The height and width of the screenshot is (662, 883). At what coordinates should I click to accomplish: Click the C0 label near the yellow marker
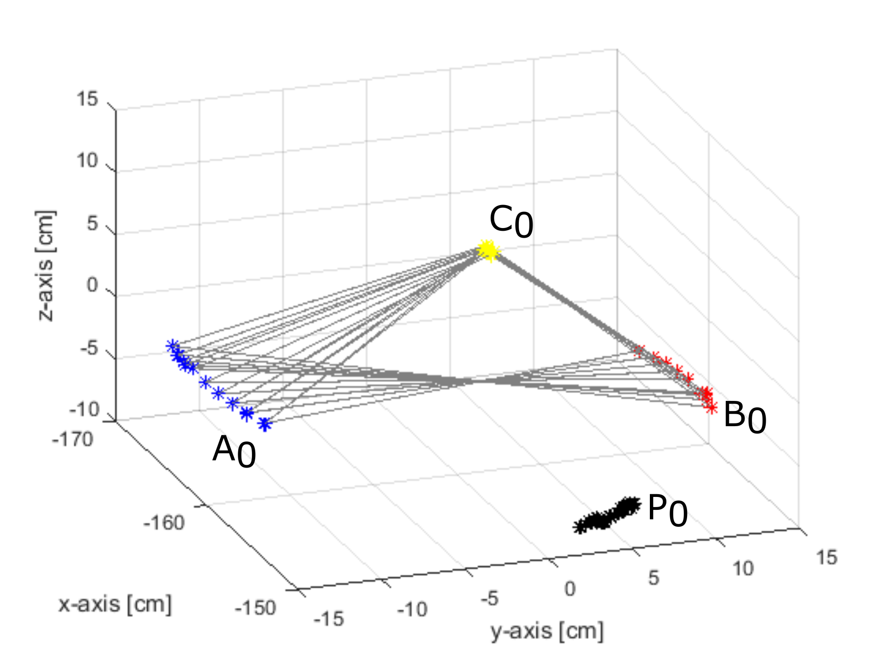(510, 222)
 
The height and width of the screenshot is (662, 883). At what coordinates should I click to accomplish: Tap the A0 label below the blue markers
(234, 451)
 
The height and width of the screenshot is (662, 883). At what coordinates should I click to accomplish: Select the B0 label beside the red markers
(745, 417)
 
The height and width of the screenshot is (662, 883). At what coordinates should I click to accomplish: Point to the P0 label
(667, 510)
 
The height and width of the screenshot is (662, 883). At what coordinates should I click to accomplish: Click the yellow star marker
(488, 251)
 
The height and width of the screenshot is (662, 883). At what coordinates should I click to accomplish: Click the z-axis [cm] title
(46, 266)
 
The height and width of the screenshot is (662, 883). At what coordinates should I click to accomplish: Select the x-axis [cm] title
(115, 604)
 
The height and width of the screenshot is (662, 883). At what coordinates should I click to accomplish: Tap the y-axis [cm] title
(547, 631)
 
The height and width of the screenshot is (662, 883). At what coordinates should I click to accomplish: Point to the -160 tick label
(164, 523)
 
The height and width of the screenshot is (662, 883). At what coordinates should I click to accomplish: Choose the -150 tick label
(255, 608)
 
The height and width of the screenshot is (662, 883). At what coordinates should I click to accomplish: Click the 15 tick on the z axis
(87, 99)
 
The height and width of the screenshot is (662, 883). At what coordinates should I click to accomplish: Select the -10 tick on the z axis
(85, 409)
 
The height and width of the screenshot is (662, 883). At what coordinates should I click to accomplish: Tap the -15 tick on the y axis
(328, 619)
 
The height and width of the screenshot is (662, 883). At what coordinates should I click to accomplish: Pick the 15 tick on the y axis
(826, 557)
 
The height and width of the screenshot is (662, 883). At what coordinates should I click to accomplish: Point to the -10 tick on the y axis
(412, 610)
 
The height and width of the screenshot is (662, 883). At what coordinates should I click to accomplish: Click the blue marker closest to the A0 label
(264, 424)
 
